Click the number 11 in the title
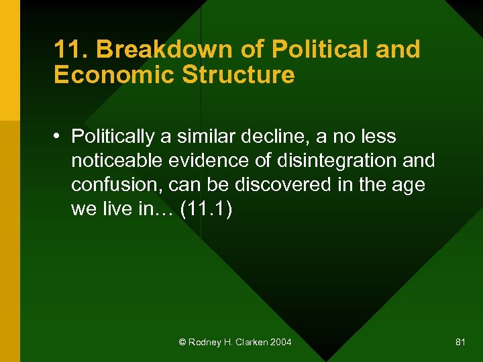coord(65,50)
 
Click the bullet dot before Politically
coord(59,137)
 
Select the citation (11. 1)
coord(207,209)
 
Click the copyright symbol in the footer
coord(182,343)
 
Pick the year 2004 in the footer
coord(280,343)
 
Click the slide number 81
coord(460,343)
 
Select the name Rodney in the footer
coord(203,343)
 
